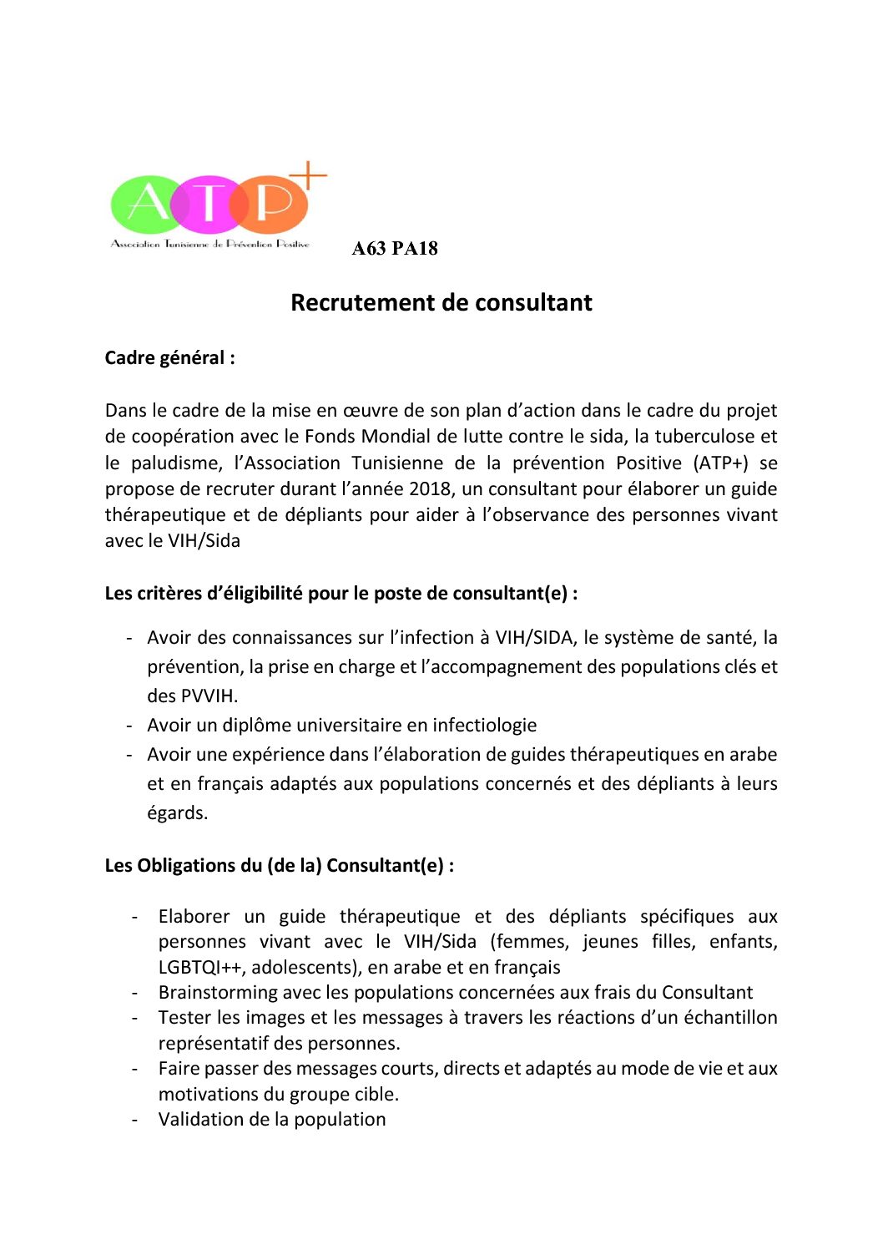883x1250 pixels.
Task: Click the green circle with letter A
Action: [x=146, y=204]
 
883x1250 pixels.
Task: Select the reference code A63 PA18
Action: [x=395, y=248]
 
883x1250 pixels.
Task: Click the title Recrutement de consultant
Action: [x=441, y=302]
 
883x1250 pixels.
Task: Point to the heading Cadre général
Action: [x=169, y=358]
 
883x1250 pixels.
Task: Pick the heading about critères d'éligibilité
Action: [x=341, y=594]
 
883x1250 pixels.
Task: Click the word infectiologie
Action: [x=484, y=725]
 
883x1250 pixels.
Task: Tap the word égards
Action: [x=177, y=812]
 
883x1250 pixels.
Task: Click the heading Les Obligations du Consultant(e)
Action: [x=279, y=865]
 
